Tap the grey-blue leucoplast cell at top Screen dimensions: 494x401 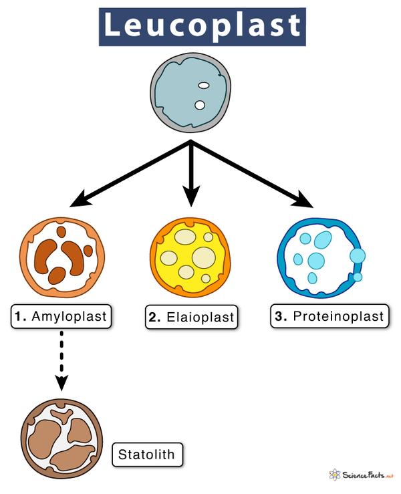pos(192,95)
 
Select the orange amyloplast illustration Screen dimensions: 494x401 pos(62,258)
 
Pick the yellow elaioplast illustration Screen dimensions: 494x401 pos(190,257)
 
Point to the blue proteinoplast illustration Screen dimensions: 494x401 pos(319,258)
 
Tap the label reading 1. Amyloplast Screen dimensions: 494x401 pos(60,316)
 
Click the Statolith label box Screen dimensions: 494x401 pos(146,456)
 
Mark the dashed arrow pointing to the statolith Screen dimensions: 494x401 pos(61,361)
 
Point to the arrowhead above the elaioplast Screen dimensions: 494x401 pos(192,198)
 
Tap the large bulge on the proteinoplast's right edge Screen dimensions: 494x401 pos(358,255)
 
